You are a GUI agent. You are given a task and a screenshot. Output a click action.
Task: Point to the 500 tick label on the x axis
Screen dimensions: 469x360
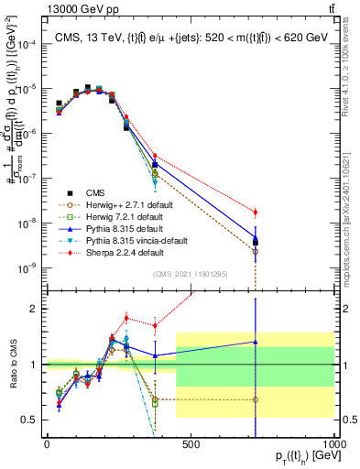coord(191,443)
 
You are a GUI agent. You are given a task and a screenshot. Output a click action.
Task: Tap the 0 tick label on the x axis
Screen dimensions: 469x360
coord(47,443)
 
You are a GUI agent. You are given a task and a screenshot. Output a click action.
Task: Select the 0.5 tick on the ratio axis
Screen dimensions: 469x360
coord(35,420)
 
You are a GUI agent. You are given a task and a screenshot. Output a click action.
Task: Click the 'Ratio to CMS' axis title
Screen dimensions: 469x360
coord(12,365)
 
